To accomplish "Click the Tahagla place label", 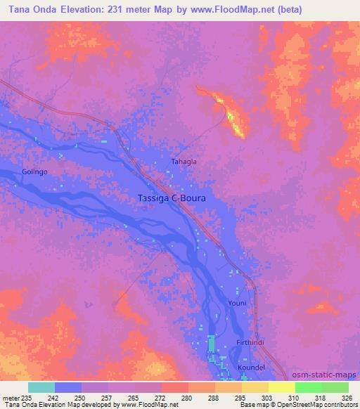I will [x=184, y=162].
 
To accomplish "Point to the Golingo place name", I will [x=34, y=172].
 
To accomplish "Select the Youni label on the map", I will [x=237, y=303].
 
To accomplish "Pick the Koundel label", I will [x=251, y=367].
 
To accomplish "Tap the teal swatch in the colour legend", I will [x=41, y=387].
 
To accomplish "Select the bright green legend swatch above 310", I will [x=308, y=387].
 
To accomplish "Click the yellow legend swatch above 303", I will [x=255, y=387].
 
